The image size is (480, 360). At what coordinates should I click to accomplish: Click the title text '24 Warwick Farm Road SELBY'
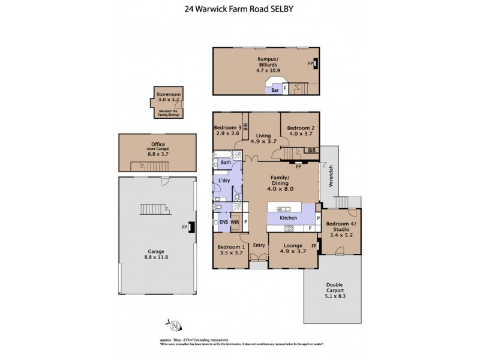tap(239, 9)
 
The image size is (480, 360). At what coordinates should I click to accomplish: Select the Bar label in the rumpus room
tap(275, 90)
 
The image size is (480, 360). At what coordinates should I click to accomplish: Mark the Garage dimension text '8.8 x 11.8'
tap(159, 257)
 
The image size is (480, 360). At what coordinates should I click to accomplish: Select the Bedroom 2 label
tap(300, 128)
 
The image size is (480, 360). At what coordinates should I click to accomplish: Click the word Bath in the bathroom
tap(226, 162)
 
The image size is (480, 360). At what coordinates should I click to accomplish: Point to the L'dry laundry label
tap(226, 181)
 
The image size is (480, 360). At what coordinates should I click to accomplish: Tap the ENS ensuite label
tap(224, 223)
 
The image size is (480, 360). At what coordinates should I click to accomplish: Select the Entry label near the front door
tap(259, 245)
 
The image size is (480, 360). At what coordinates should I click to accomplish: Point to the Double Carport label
tap(334, 289)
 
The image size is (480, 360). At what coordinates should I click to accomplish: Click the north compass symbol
tap(175, 326)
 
